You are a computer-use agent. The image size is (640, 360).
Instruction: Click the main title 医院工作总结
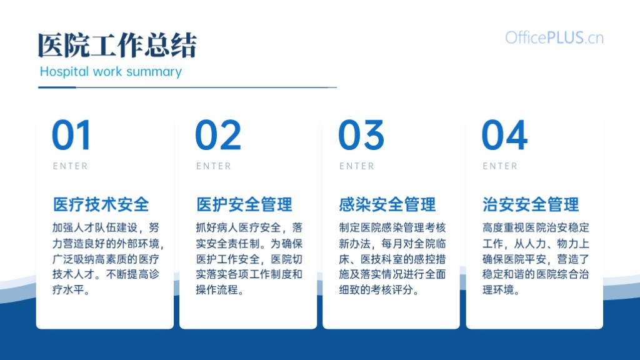pyautogui.click(x=117, y=45)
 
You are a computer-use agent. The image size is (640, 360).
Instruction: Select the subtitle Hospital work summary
pyautogui.click(x=111, y=72)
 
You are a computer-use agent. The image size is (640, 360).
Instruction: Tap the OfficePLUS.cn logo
pyautogui.click(x=554, y=38)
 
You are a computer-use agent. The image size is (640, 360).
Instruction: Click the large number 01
pyautogui.click(x=71, y=135)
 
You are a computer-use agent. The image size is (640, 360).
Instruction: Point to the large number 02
pyautogui.click(x=218, y=135)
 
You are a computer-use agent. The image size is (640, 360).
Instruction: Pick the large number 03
pyautogui.click(x=361, y=135)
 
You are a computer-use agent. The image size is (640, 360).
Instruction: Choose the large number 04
pyautogui.click(x=504, y=135)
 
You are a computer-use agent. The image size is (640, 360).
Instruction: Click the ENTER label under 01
pyautogui.click(x=70, y=166)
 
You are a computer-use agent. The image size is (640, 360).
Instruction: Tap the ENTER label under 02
pyautogui.click(x=214, y=166)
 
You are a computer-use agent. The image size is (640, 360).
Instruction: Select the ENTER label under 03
pyautogui.click(x=357, y=166)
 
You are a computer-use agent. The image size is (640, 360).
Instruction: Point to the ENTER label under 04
pyautogui.click(x=500, y=166)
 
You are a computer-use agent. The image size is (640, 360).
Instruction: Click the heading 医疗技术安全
pyautogui.click(x=101, y=204)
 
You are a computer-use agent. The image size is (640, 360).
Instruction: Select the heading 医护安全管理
pyautogui.click(x=244, y=204)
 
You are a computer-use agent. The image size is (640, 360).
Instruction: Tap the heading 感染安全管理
pyautogui.click(x=387, y=204)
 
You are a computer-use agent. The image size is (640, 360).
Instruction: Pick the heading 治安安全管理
pyautogui.click(x=531, y=204)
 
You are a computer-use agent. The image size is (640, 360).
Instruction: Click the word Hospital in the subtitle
pyautogui.click(x=64, y=72)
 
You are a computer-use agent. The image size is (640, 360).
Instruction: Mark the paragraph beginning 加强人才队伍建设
pyautogui.click(x=108, y=259)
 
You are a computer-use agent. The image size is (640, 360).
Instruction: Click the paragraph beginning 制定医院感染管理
pyautogui.click(x=392, y=259)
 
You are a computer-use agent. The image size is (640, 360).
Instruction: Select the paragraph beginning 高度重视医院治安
pyautogui.click(x=536, y=259)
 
